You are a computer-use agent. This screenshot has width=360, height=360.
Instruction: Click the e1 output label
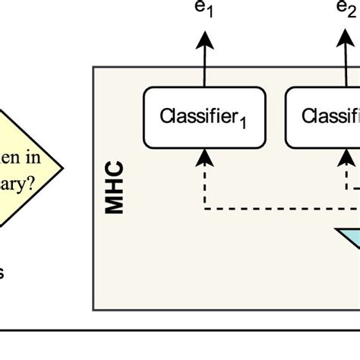click(x=204, y=11)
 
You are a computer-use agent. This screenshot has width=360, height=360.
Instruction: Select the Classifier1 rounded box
click(x=204, y=117)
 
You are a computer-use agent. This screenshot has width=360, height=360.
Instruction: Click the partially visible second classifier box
click(x=323, y=117)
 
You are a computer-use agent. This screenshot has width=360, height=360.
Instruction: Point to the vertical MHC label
click(x=115, y=188)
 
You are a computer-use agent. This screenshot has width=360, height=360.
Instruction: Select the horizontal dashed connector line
click(x=273, y=207)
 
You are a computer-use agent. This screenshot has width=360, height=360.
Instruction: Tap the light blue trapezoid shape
click(x=349, y=237)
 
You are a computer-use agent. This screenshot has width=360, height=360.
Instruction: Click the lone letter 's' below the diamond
click(x=2, y=272)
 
